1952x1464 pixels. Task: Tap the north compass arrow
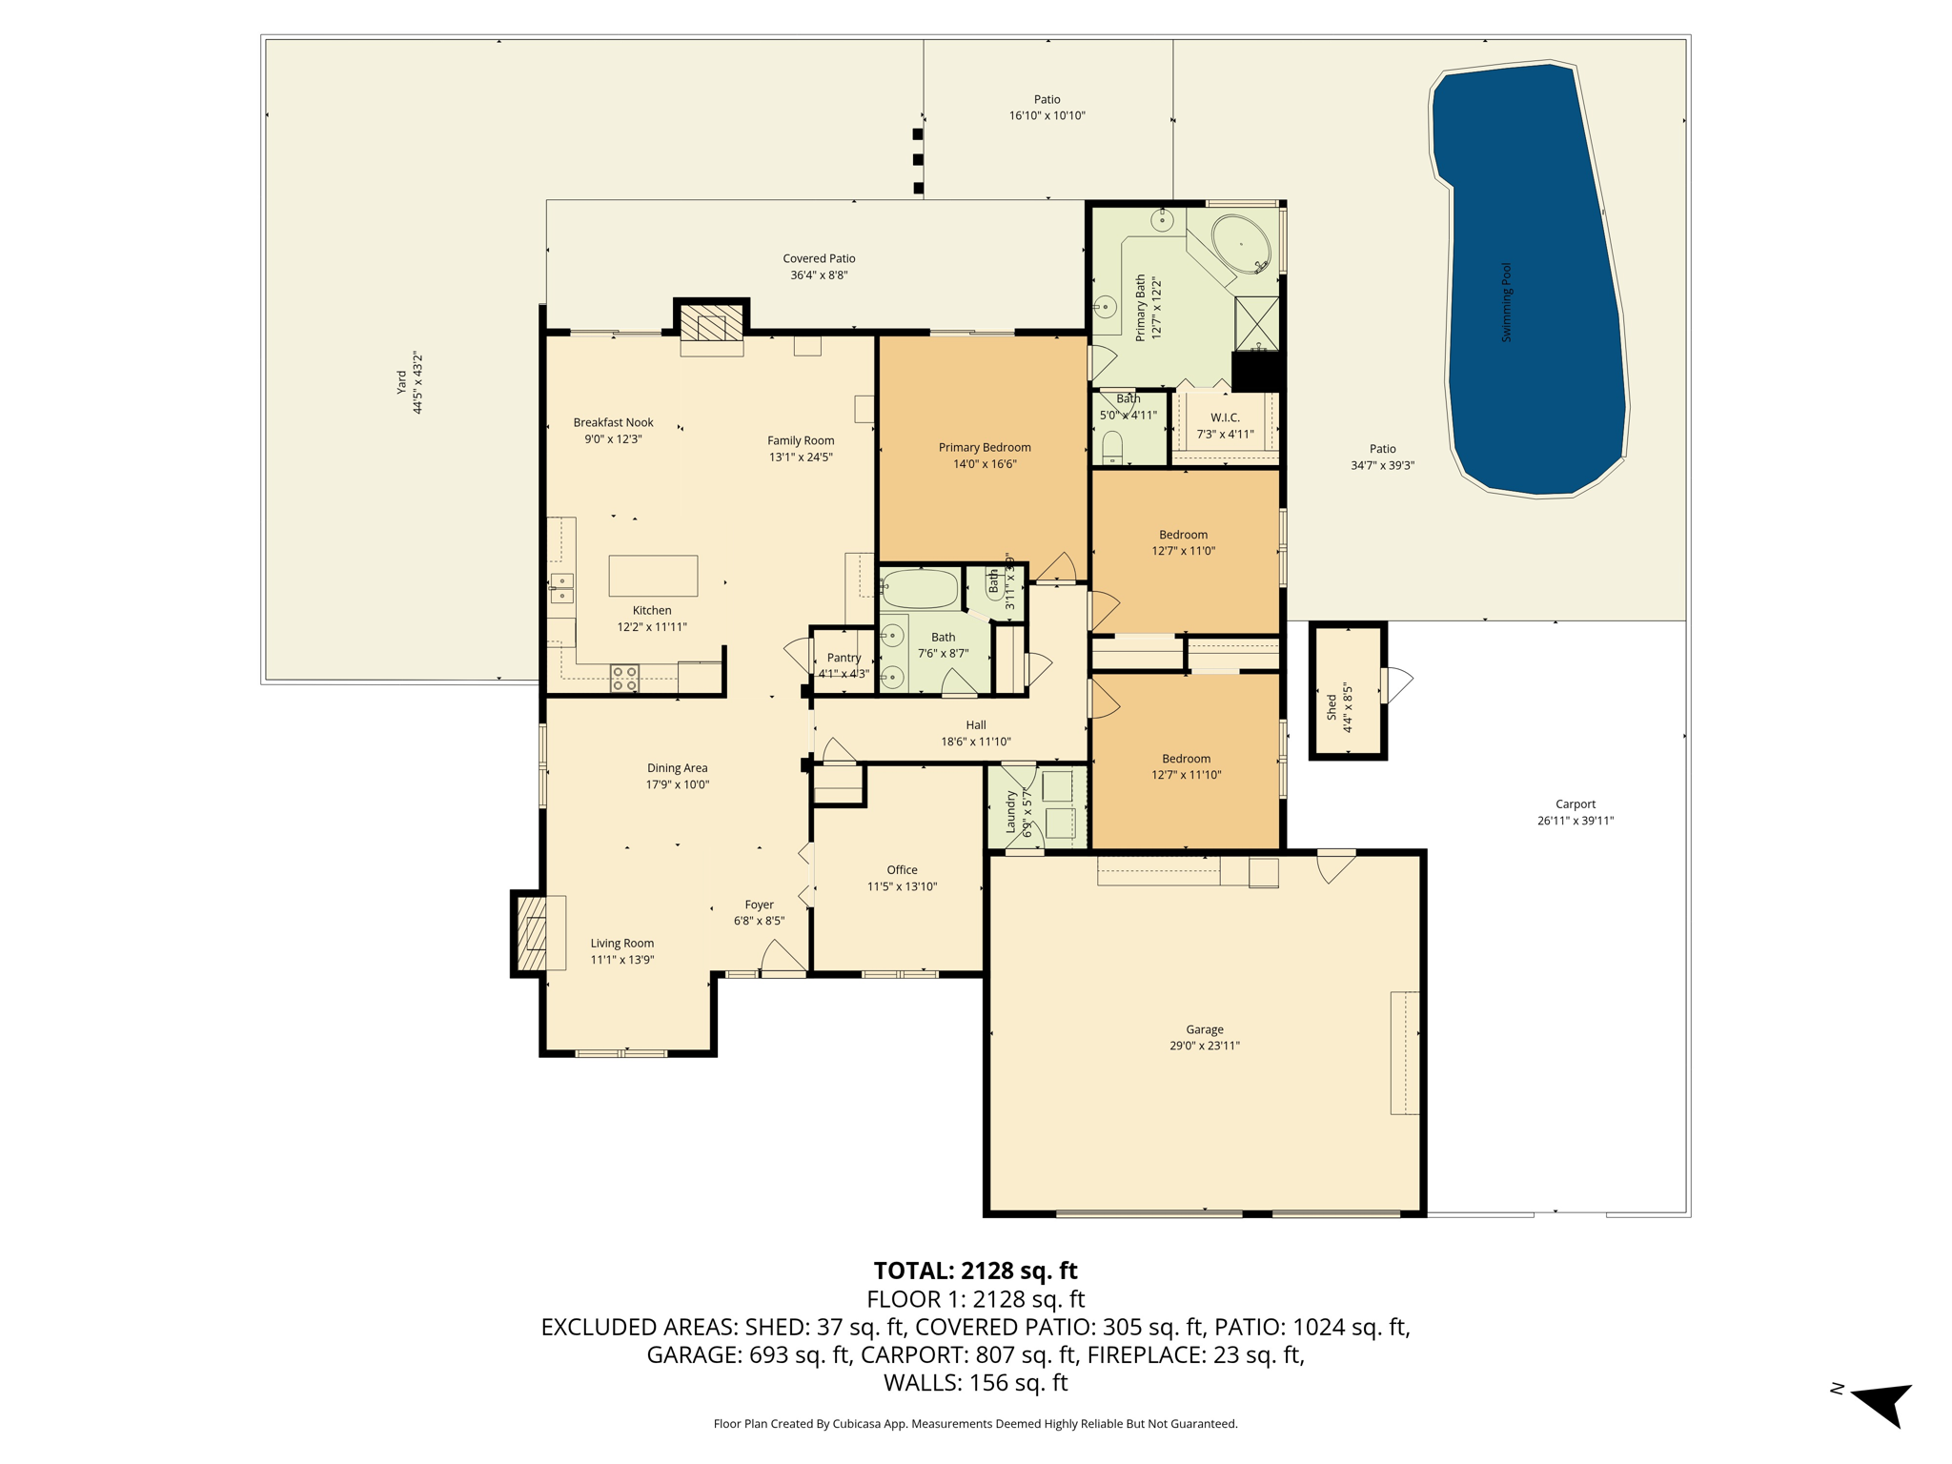point(1882,1404)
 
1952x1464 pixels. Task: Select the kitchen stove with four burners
point(625,679)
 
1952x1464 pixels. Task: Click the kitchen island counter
point(653,576)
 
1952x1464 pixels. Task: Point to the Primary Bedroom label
point(985,447)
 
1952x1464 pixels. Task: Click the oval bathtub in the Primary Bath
point(1242,245)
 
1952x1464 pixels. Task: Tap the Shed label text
point(1332,706)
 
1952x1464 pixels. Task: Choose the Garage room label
point(1205,1029)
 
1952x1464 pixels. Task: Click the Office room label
point(902,869)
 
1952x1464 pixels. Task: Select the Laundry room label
point(1011,812)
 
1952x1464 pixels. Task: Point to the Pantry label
point(844,658)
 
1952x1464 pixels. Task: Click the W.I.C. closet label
point(1225,417)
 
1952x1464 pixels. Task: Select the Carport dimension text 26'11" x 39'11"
point(1576,821)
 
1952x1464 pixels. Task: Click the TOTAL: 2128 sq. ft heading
point(975,1271)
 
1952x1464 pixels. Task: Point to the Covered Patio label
point(819,258)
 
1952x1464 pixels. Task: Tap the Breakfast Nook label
point(613,422)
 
